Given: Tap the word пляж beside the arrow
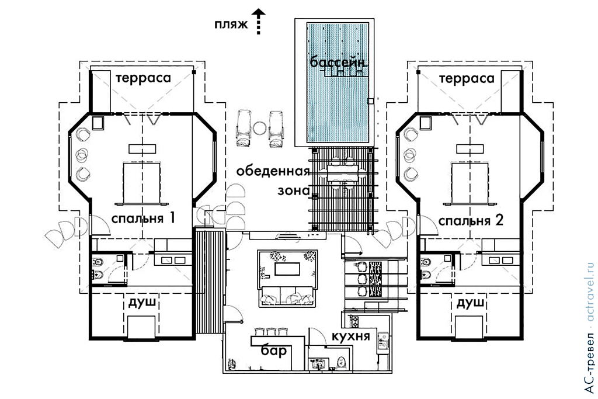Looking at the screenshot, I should tap(231, 25).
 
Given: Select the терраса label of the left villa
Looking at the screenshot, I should tap(142, 78).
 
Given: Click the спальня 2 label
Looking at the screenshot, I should tap(470, 220).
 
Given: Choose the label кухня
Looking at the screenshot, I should tap(350, 337).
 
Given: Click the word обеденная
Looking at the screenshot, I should tap(272, 172).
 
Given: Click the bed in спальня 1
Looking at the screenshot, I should tap(141, 182).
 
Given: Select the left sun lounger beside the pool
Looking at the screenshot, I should tap(243, 128).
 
